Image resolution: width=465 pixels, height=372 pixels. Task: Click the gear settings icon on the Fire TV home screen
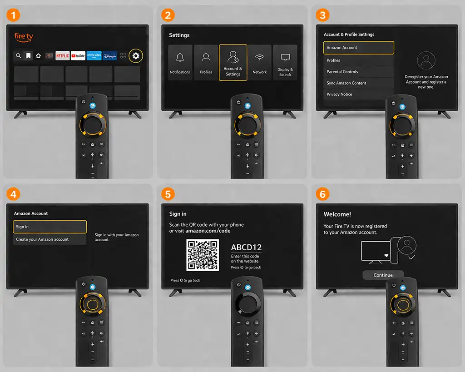click(x=136, y=56)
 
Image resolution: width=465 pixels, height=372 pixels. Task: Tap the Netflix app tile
click(x=63, y=56)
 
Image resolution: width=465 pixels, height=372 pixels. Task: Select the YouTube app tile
click(x=78, y=56)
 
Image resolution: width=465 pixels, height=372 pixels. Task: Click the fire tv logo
click(x=24, y=37)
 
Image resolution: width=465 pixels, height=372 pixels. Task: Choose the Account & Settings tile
click(x=233, y=63)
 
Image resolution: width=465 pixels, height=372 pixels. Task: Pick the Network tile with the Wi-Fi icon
click(x=259, y=63)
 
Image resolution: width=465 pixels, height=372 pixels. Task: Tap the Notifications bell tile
click(x=180, y=63)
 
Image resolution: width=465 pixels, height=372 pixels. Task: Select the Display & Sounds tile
click(x=285, y=63)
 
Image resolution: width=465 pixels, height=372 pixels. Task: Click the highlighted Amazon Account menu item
click(x=359, y=48)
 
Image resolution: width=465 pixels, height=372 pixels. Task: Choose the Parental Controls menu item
click(x=359, y=72)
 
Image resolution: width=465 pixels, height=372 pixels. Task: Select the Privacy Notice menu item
click(x=359, y=94)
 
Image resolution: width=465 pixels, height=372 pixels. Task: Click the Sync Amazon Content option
click(x=359, y=83)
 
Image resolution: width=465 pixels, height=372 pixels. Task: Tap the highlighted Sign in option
click(x=50, y=227)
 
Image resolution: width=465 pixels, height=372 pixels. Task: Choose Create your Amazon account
click(x=50, y=239)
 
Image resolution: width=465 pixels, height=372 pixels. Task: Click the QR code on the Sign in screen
click(x=203, y=255)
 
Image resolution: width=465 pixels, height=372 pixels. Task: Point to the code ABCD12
click(x=246, y=248)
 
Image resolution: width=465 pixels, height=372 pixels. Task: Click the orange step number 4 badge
click(x=13, y=194)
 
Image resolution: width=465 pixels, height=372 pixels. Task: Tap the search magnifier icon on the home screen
click(x=18, y=56)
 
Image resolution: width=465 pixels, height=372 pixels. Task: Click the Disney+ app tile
click(x=110, y=56)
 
